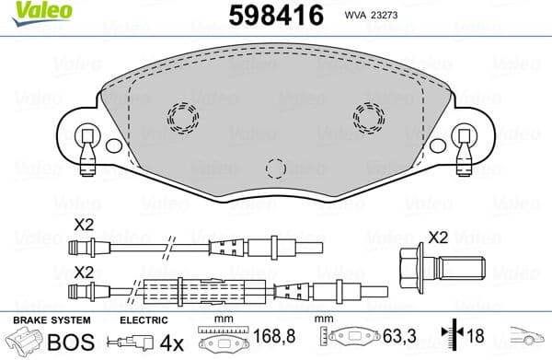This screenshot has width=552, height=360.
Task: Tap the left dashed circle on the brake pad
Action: point(182,116)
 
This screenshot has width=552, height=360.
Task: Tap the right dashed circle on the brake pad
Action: point(369,116)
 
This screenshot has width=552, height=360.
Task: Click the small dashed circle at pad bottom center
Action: point(275,168)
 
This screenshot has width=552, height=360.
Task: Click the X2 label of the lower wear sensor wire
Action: point(85,273)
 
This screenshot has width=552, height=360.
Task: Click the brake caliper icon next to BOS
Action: point(25,342)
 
